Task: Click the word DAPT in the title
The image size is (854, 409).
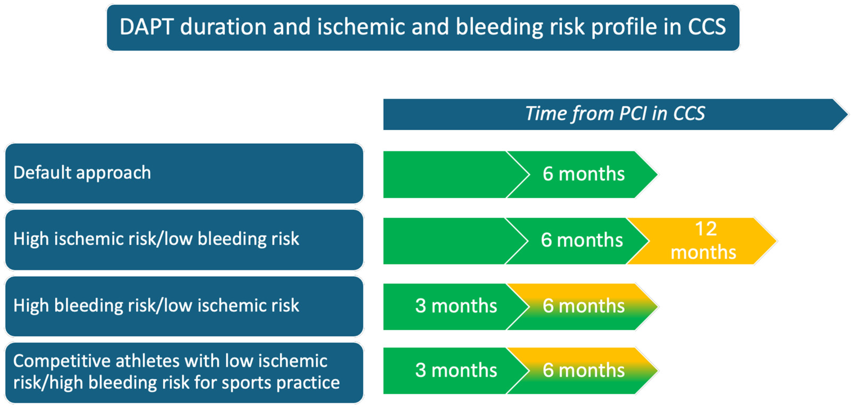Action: [146, 27]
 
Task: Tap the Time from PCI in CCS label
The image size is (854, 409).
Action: [615, 114]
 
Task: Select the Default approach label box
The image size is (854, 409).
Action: [184, 173]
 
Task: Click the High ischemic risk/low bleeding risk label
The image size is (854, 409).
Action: [156, 239]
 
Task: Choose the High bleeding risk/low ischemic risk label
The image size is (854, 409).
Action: [156, 305]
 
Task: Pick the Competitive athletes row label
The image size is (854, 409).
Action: [184, 373]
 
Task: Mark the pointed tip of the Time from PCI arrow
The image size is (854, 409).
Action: [848, 114]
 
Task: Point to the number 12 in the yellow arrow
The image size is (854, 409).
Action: [706, 229]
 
